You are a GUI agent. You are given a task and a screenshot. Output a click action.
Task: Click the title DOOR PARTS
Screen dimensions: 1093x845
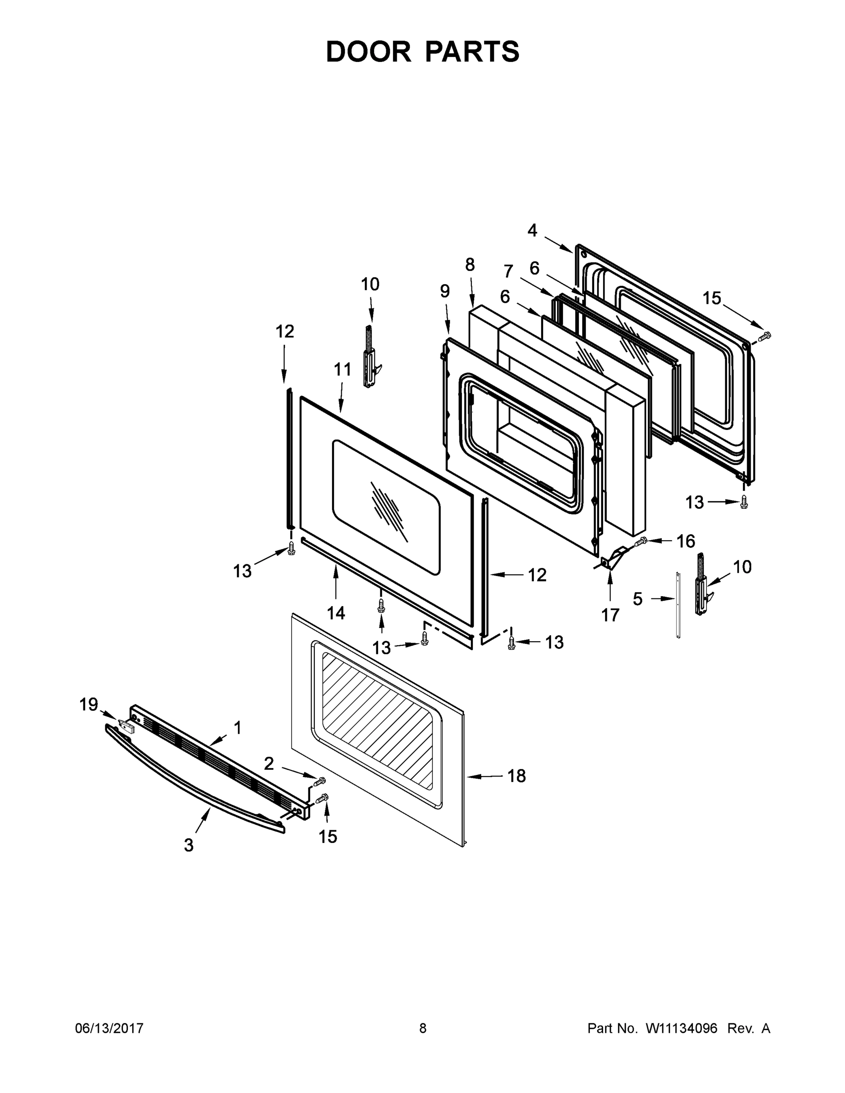423,51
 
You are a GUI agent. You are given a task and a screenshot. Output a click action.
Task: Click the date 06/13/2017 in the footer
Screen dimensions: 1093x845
109,1028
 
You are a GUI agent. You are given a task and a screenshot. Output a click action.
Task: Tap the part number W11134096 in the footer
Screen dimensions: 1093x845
681,1028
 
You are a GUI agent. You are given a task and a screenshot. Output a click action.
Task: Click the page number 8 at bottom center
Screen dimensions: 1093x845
423,1028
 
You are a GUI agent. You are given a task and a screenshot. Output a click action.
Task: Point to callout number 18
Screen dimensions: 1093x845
517,776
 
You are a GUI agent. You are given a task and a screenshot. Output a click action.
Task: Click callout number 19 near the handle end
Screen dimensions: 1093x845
89,705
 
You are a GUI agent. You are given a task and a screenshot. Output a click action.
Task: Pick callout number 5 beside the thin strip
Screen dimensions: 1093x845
637,598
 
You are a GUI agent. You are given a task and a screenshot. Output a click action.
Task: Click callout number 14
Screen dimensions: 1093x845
336,613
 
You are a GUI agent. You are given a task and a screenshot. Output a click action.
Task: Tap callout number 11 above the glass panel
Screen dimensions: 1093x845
343,369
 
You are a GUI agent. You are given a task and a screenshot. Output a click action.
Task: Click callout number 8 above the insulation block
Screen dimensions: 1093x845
470,264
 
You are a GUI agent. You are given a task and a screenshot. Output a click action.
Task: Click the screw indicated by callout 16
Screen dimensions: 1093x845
641,541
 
